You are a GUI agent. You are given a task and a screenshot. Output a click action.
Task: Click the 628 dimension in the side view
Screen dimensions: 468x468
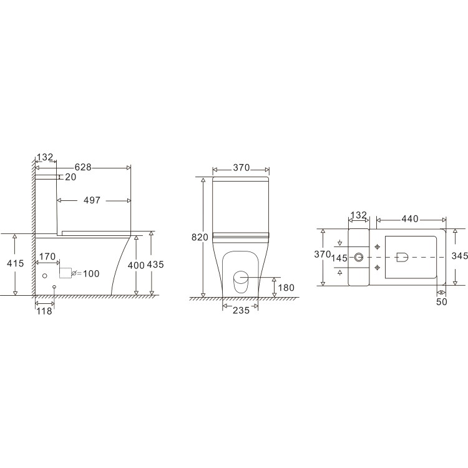pos(84,167)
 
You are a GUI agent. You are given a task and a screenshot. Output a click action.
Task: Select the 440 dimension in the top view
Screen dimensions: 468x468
pos(409,218)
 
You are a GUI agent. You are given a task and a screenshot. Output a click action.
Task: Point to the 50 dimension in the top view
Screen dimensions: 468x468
pos(441,301)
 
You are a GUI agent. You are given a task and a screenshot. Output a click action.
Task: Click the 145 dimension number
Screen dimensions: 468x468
pos(340,258)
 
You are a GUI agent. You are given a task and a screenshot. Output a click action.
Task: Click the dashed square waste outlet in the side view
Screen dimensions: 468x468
pos(66,272)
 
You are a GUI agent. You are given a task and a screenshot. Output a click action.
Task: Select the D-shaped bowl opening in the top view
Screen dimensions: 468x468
pos(402,256)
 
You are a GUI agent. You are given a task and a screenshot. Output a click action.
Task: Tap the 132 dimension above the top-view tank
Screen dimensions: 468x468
pos(358,215)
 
